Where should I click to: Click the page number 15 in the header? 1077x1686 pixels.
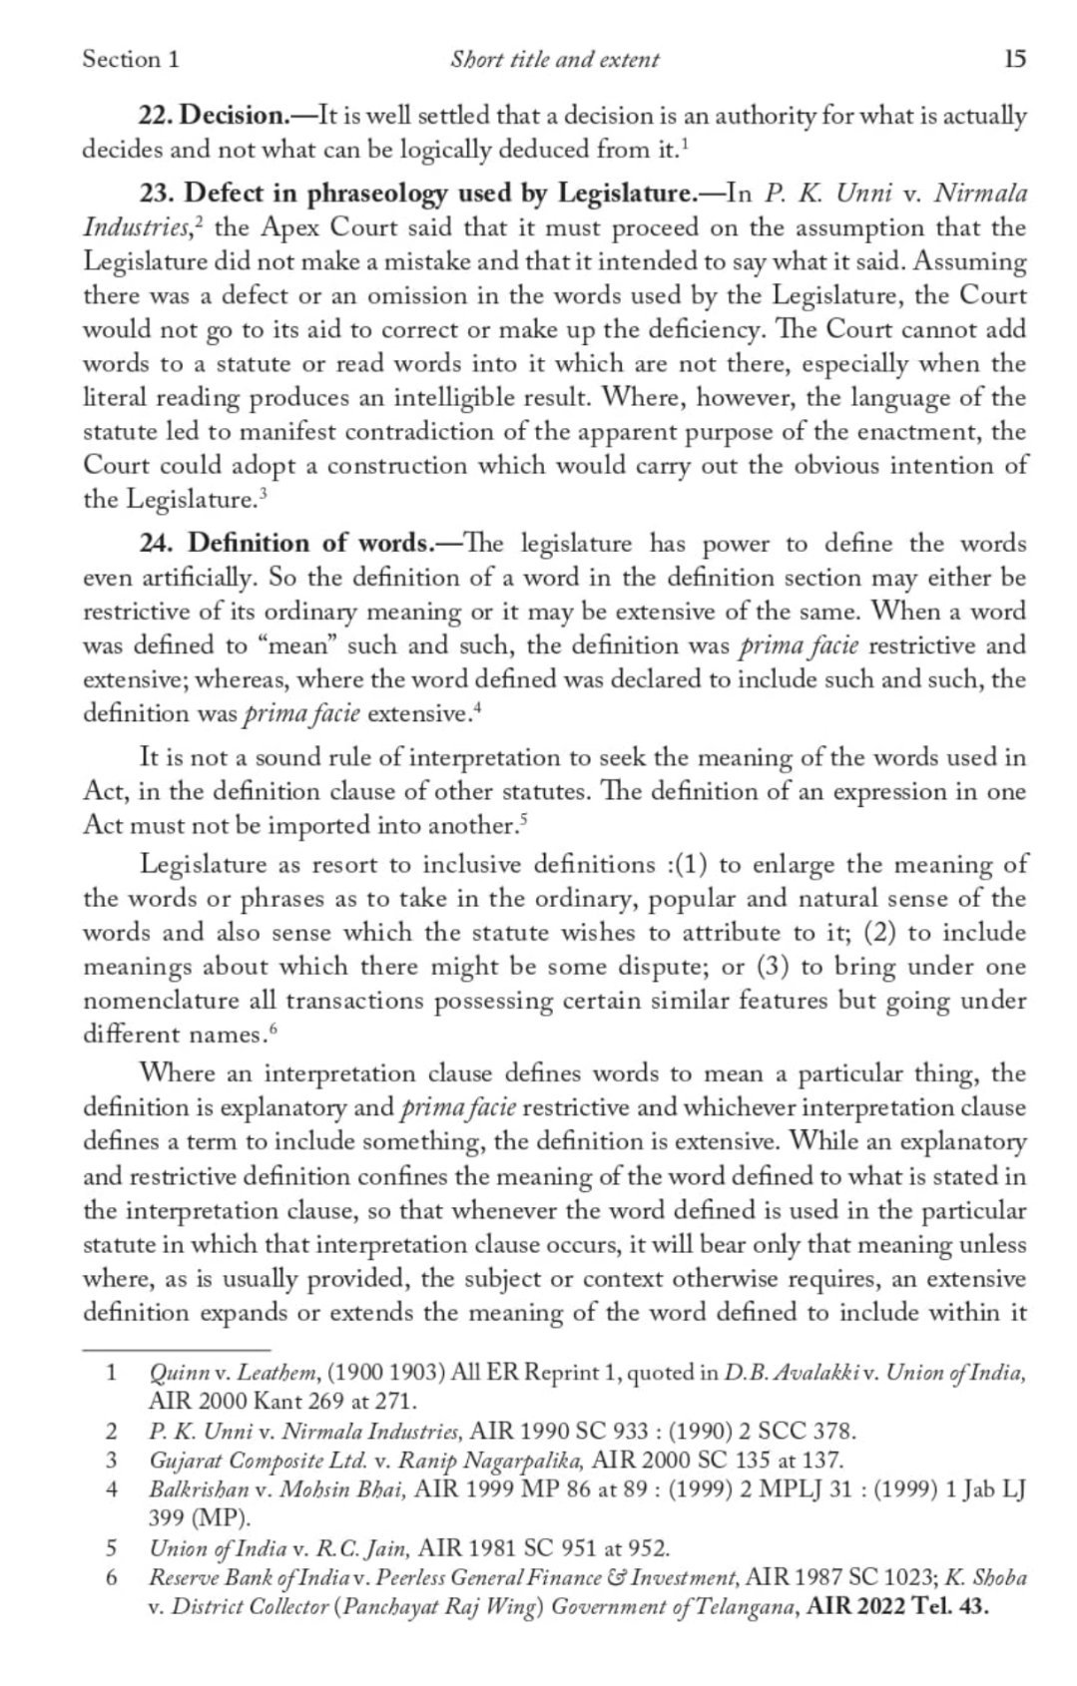pos(1013,60)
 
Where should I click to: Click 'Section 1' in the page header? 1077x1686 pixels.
pos(131,60)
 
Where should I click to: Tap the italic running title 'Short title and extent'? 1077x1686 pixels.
pos(554,60)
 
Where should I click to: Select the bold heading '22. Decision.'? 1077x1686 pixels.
pos(212,117)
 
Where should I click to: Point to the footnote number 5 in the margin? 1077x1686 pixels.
pos(112,1548)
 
